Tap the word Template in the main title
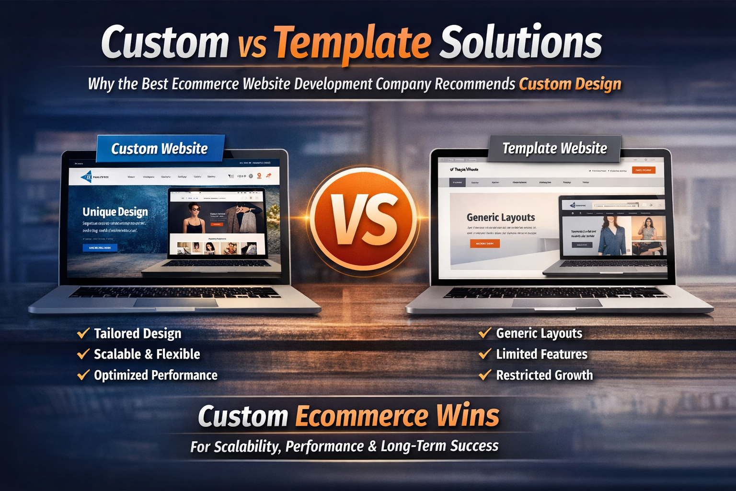coord(353,43)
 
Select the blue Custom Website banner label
coord(160,149)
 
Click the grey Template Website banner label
coord(554,148)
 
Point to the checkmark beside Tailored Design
coord(83,333)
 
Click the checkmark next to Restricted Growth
coord(485,374)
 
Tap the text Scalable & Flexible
coord(147,354)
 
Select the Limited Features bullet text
coord(541,354)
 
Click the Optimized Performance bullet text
coord(155,375)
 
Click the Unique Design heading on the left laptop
coord(115,212)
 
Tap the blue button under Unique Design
coord(100,247)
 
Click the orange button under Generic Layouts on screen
coord(484,244)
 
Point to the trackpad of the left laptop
coord(175,303)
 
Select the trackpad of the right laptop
coord(557,303)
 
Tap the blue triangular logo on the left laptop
coord(87,177)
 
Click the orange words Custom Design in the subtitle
coord(570,84)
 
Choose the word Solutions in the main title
coord(521,43)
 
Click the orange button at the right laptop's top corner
coord(643,170)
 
